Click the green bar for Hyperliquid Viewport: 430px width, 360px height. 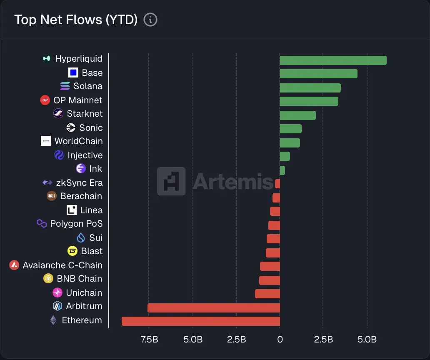[x=333, y=60]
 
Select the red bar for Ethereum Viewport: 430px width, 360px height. [x=200, y=321]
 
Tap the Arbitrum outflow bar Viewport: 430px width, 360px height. [x=213, y=308]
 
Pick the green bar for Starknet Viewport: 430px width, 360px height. [x=297, y=115]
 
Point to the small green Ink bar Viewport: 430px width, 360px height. [x=282, y=170]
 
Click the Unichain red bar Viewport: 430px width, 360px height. [x=267, y=294]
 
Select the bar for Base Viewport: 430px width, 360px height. [x=318, y=74]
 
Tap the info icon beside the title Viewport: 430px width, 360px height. [x=150, y=20]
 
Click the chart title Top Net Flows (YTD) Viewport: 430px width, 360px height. [x=76, y=20]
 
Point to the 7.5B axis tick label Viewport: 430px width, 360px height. [x=149, y=340]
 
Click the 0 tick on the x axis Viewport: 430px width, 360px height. [x=280, y=340]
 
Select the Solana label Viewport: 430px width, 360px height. [x=87, y=86]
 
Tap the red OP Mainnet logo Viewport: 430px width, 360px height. [x=45, y=100]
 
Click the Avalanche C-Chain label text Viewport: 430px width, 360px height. [x=62, y=265]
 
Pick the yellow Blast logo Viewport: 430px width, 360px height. [x=73, y=251]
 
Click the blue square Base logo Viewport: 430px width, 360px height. [x=73, y=72]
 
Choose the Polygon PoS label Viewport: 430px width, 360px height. [x=76, y=224]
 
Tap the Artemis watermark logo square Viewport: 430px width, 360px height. [x=171, y=181]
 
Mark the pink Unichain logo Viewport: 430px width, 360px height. [x=57, y=292]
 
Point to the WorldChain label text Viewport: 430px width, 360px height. [x=78, y=141]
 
